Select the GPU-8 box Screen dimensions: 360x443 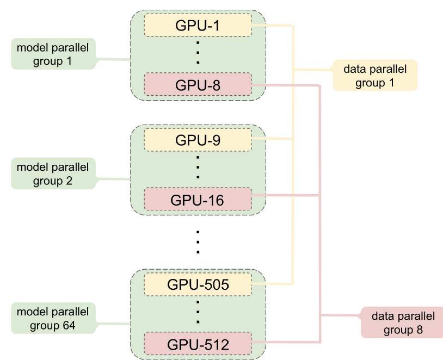click(198, 84)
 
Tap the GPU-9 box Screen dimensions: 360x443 click(198, 139)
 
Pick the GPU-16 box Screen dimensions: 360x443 click(198, 200)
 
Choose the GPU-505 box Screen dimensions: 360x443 click(198, 284)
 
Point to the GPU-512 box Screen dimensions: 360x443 click(198, 344)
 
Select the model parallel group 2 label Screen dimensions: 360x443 click(52, 173)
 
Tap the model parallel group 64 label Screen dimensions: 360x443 click(52, 317)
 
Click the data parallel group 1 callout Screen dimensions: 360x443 click(375, 75)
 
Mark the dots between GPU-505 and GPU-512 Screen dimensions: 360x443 click(198, 314)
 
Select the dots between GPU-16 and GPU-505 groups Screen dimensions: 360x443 click(198, 241)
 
